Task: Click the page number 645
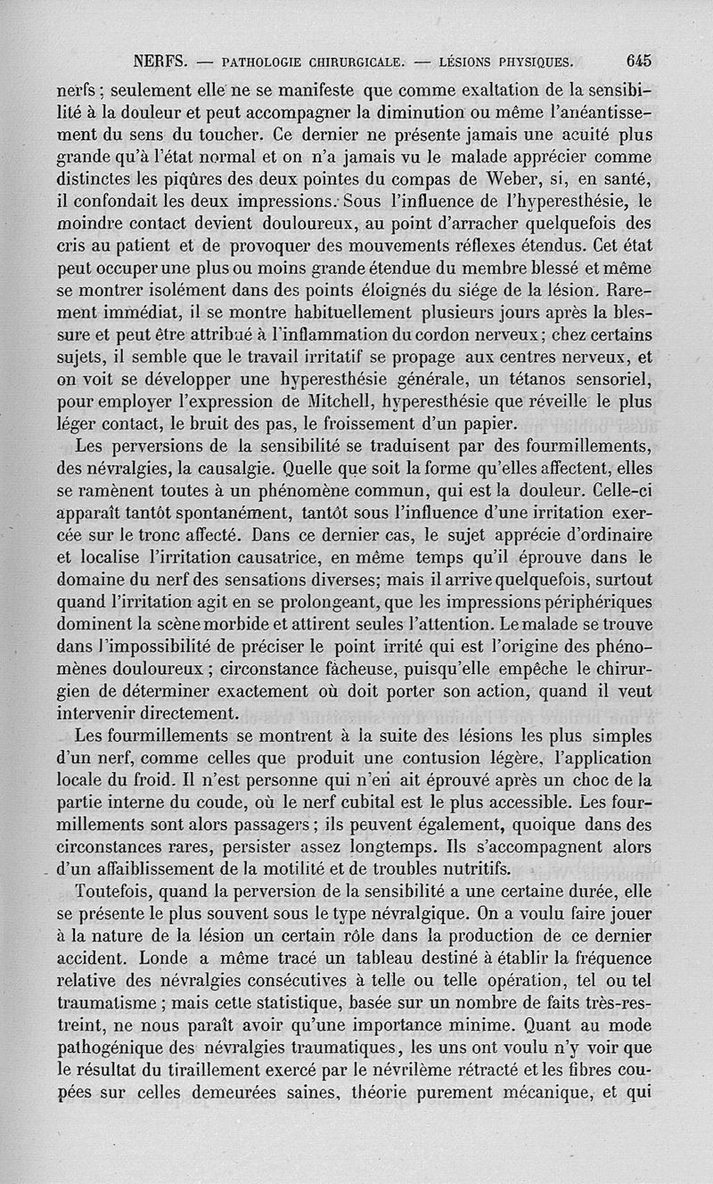(x=639, y=62)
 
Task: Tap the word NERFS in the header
(x=160, y=62)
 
